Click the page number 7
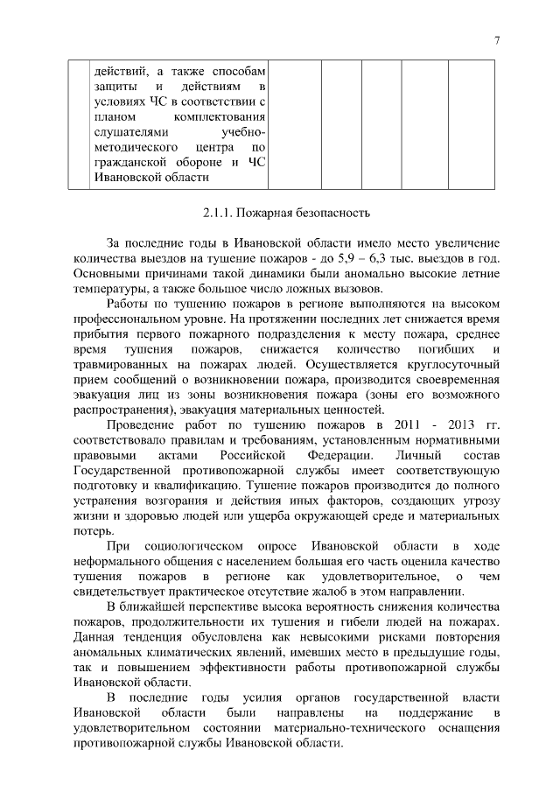497,40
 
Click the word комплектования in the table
220,116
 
